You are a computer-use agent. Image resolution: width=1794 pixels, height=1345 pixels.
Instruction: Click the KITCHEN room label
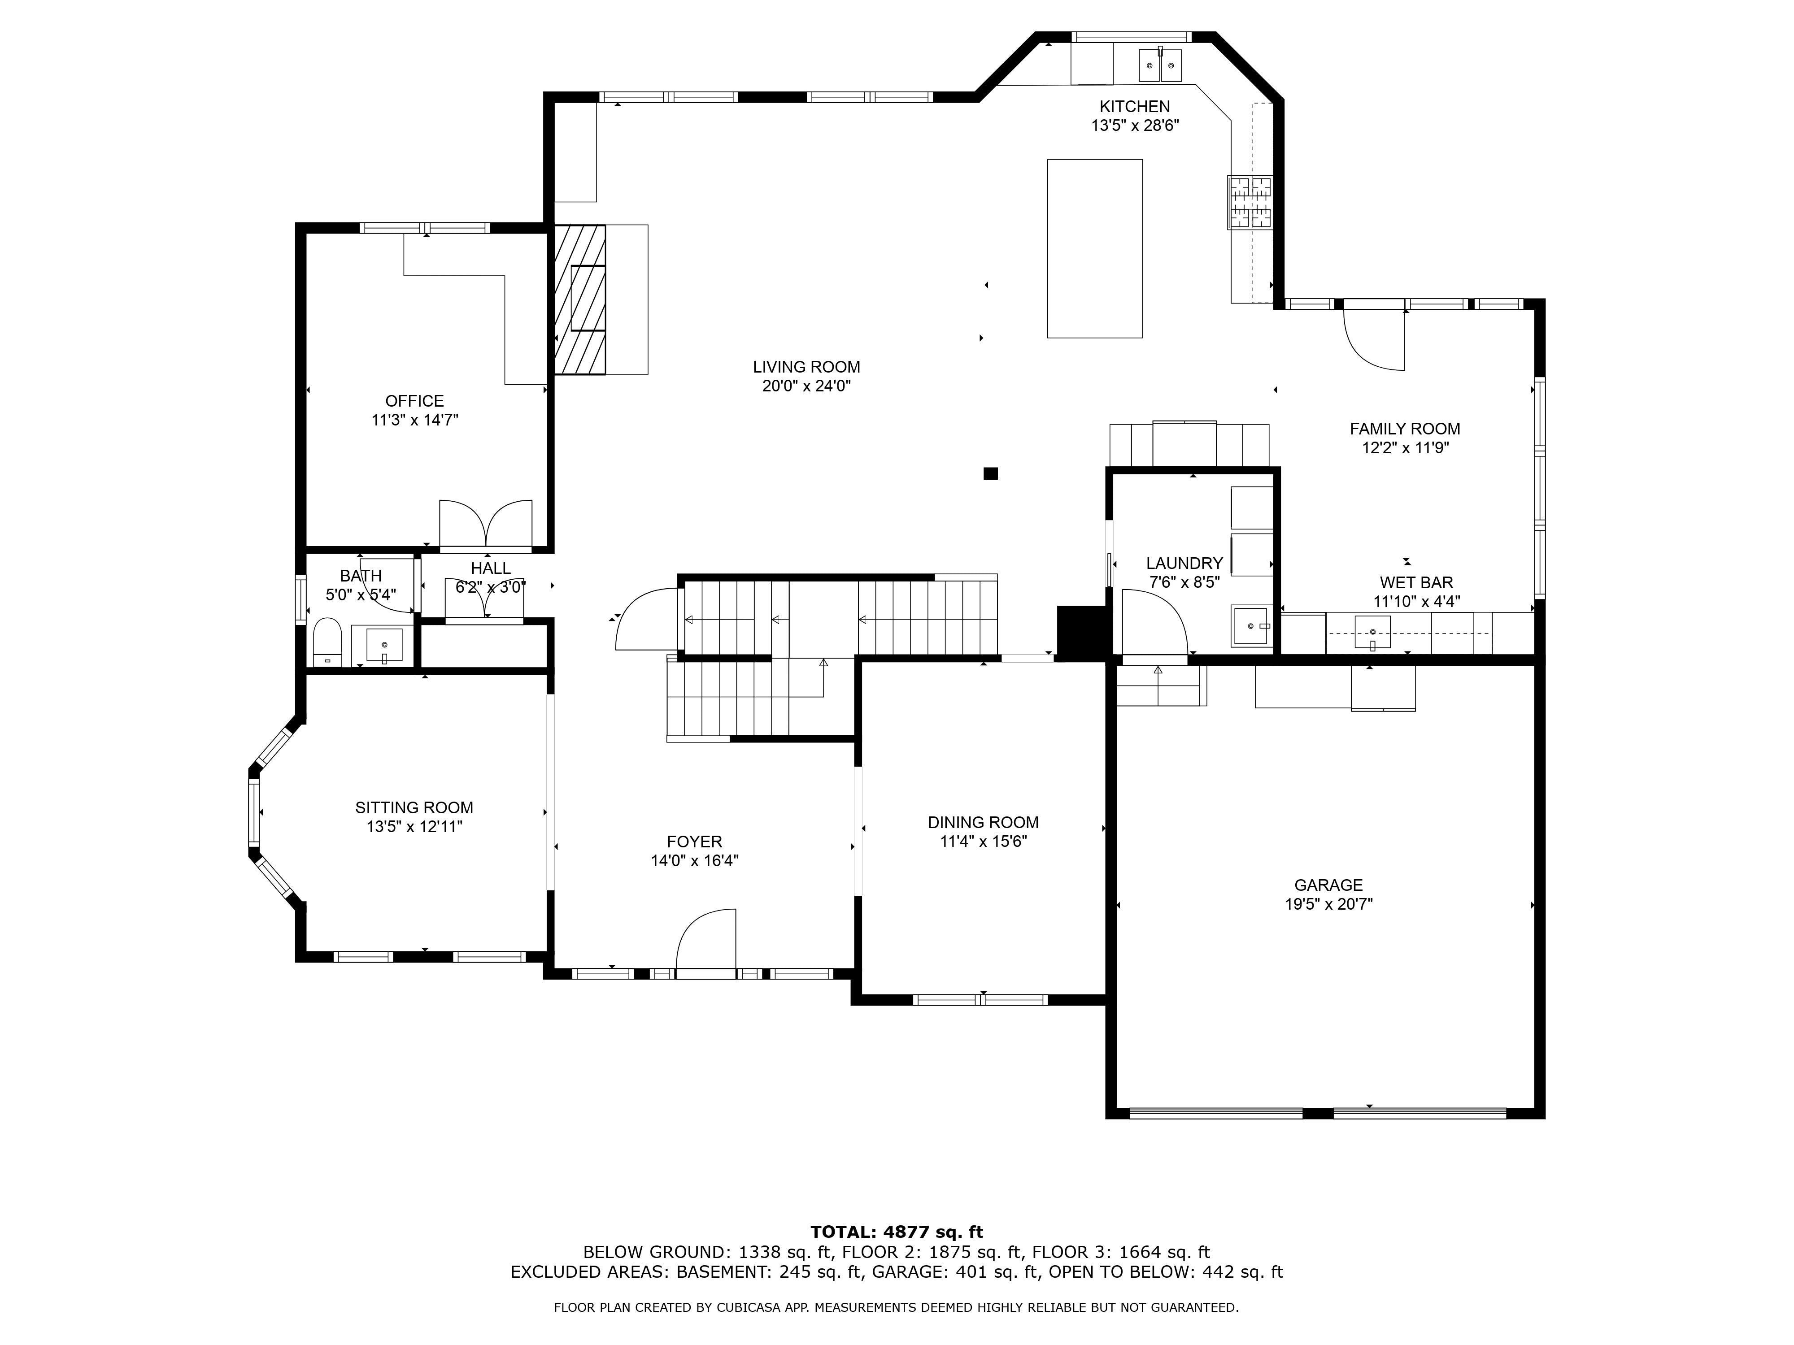tap(1135, 106)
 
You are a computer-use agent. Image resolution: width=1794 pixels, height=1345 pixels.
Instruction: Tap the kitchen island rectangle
tap(1095, 248)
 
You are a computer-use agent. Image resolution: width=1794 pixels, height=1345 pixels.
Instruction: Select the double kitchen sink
tap(1161, 65)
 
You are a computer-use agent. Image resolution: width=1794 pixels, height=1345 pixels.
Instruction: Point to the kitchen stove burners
tap(1250, 202)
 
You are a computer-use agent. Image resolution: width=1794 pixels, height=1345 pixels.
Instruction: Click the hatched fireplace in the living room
tap(580, 299)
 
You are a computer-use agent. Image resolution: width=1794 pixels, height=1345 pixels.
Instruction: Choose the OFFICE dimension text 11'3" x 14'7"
tap(414, 420)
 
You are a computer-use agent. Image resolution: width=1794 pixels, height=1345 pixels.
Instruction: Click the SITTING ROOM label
tap(414, 807)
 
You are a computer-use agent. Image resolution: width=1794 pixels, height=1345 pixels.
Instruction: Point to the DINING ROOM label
tap(983, 822)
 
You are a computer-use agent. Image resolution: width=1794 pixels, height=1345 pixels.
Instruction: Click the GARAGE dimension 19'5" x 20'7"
tap(1328, 904)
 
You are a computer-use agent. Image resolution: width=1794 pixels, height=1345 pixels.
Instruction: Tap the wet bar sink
tap(1372, 632)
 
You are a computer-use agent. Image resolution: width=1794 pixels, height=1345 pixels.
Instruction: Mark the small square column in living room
tap(990, 473)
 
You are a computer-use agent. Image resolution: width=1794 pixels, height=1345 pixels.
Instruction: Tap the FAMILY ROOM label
tap(1405, 429)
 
